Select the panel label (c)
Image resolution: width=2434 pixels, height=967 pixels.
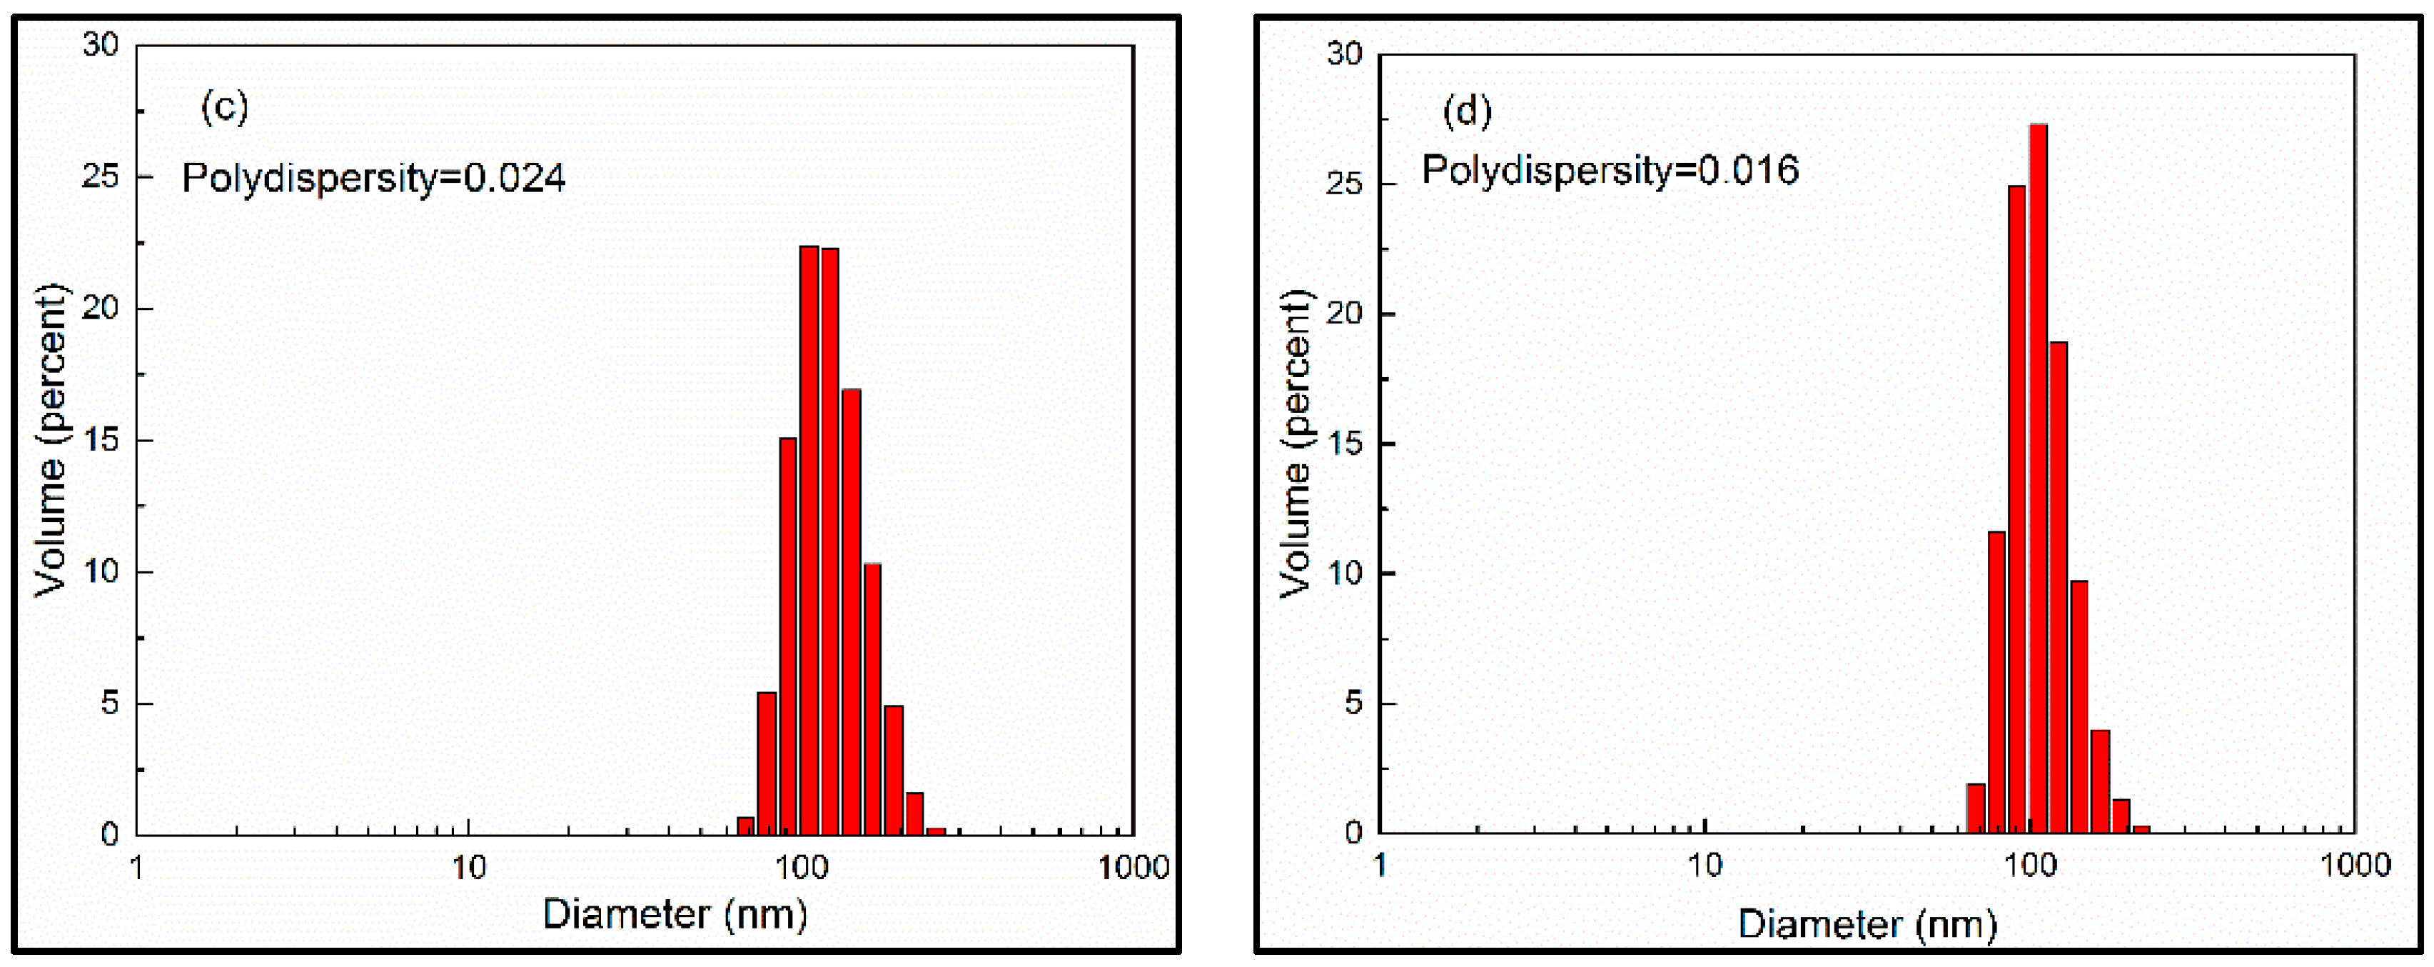pyautogui.click(x=224, y=108)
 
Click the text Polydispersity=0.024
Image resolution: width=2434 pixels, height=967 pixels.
pyautogui.click(x=373, y=178)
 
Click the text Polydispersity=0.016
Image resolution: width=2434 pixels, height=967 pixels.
pyautogui.click(x=1610, y=170)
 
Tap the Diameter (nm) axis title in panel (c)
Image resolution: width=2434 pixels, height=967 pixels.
pyautogui.click(x=675, y=914)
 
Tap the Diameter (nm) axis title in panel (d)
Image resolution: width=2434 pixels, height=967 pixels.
pyautogui.click(x=1867, y=923)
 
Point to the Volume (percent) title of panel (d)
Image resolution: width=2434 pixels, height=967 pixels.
pyautogui.click(x=1296, y=444)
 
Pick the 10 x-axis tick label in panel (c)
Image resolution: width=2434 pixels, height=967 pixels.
pyautogui.click(x=468, y=867)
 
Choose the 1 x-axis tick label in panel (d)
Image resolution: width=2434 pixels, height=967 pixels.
pyautogui.click(x=1380, y=864)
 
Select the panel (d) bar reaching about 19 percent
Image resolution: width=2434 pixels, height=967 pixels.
pyautogui.click(x=2059, y=587)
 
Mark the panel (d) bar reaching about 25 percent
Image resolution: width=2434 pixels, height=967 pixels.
pyautogui.click(x=2017, y=508)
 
